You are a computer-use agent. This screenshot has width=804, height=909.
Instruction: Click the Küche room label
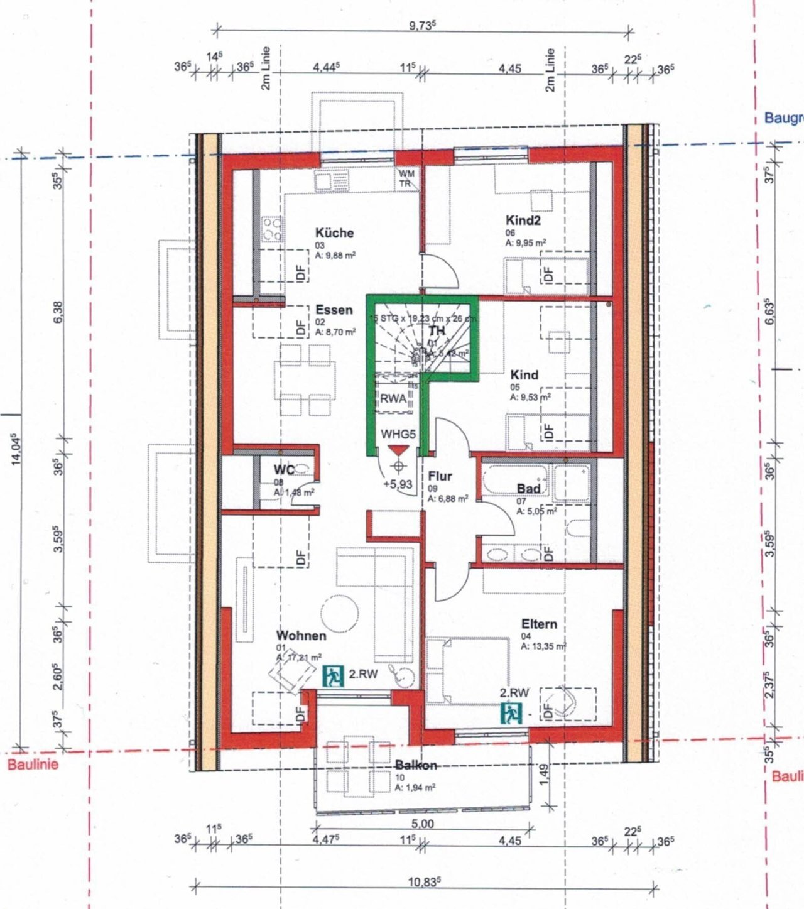(x=334, y=233)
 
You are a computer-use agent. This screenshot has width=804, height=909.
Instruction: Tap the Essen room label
(x=334, y=310)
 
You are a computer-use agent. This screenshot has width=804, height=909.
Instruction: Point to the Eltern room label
(x=539, y=624)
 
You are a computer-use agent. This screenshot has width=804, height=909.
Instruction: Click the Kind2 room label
(x=523, y=220)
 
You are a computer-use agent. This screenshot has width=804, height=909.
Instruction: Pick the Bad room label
(x=528, y=489)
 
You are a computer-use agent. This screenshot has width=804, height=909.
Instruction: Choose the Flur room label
(x=440, y=476)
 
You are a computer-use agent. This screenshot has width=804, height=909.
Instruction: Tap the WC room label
(x=284, y=470)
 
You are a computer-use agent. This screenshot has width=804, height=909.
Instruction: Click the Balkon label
(x=416, y=766)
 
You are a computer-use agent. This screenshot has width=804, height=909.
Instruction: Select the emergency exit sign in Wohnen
(x=334, y=676)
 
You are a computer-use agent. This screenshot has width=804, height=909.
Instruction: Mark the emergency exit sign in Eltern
(x=512, y=713)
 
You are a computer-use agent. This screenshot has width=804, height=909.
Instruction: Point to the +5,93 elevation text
(x=398, y=484)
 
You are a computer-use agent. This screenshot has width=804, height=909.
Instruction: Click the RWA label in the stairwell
(x=393, y=398)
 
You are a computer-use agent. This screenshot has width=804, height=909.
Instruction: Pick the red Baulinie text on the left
(x=32, y=765)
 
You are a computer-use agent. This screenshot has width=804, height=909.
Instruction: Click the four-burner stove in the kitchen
(x=273, y=228)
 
